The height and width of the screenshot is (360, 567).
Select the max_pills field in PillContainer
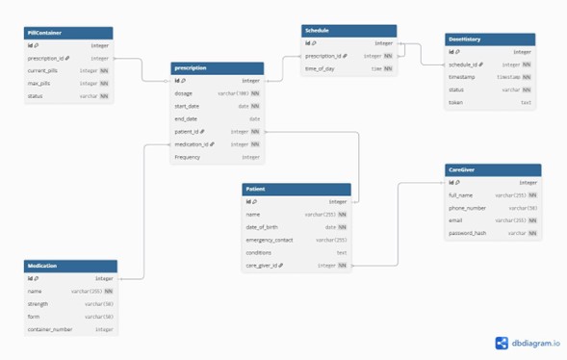pos(40,83)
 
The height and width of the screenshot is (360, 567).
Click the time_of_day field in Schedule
pos(322,68)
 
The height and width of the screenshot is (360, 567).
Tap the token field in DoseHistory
pos(456,102)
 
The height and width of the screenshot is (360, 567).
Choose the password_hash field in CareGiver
pos(467,232)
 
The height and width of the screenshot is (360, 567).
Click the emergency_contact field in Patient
pos(270,240)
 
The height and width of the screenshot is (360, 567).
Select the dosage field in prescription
pos(184,93)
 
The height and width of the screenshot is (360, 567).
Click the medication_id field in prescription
pos(195,143)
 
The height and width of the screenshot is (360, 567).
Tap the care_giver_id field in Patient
pos(266,265)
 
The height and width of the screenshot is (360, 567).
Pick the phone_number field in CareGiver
pos(467,207)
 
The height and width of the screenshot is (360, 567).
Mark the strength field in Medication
pos(38,303)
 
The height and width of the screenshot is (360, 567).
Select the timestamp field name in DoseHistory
pos(464,77)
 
